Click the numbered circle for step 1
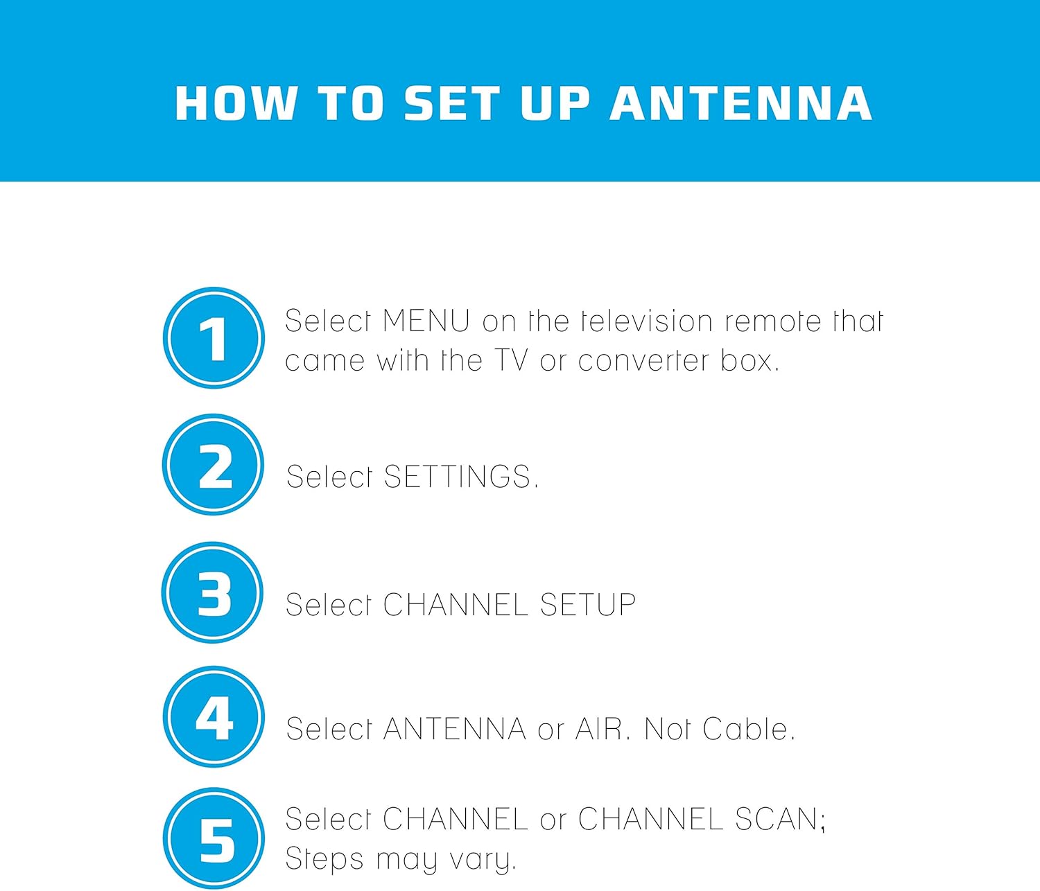(x=214, y=338)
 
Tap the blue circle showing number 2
(x=213, y=465)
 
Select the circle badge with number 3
(x=212, y=592)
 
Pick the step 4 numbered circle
(x=214, y=716)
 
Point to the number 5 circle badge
(x=214, y=839)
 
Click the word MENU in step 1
(x=426, y=321)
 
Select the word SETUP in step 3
(x=588, y=604)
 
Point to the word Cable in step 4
(x=748, y=729)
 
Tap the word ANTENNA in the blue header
(x=740, y=103)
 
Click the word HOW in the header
(x=236, y=103)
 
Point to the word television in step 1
(x=647, y=321)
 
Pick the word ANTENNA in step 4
(x=454, y=729)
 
